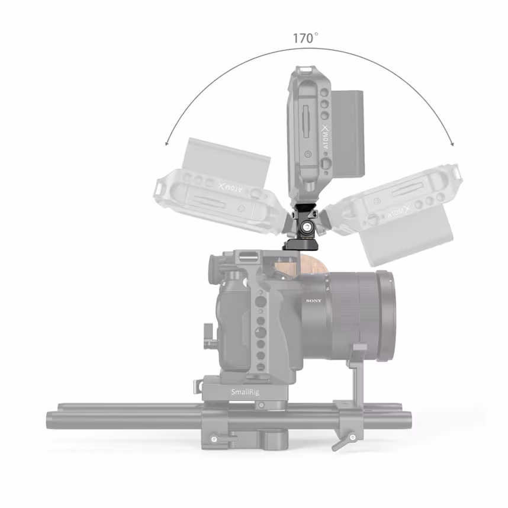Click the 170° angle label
pyautogui.click(x=305, y=38)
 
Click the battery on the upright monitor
pyautogui.click(x=349, y=130)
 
